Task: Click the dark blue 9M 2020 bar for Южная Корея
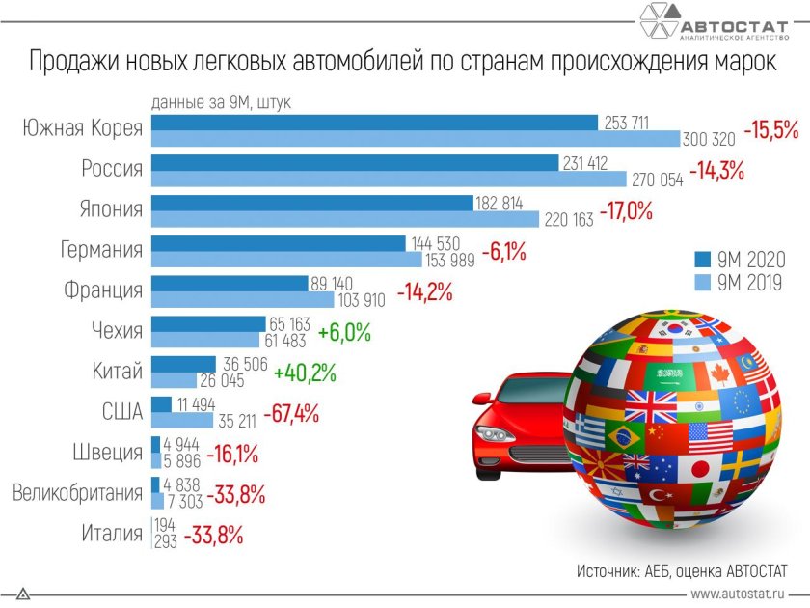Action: pos(376,123)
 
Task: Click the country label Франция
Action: pos(103,290)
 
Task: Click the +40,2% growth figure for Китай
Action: pos(305,373)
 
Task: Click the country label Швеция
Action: pos(107,453)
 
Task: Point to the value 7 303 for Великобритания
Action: pos(185,503)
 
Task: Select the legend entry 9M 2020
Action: pos(743,260)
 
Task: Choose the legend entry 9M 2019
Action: pos(743,283)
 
